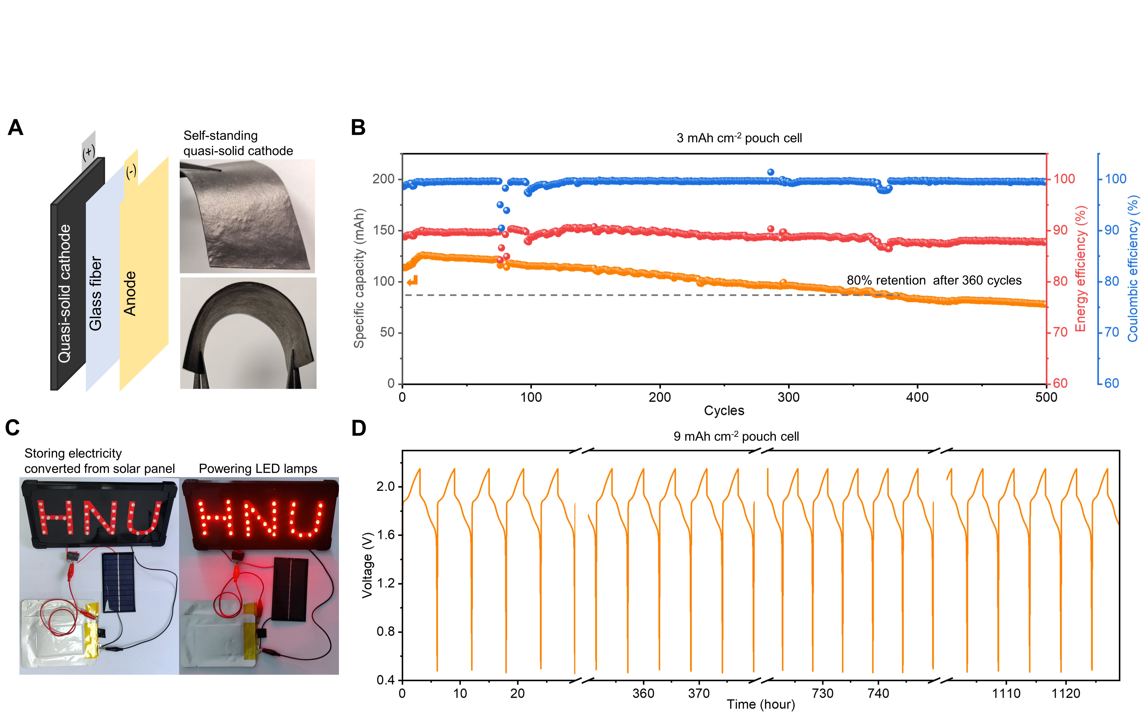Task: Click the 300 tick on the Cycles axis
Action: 788,397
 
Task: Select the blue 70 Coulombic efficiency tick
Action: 1112,332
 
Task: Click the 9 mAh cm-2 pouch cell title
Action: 736,436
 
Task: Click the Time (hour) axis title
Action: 761,705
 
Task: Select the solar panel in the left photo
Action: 119,582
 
